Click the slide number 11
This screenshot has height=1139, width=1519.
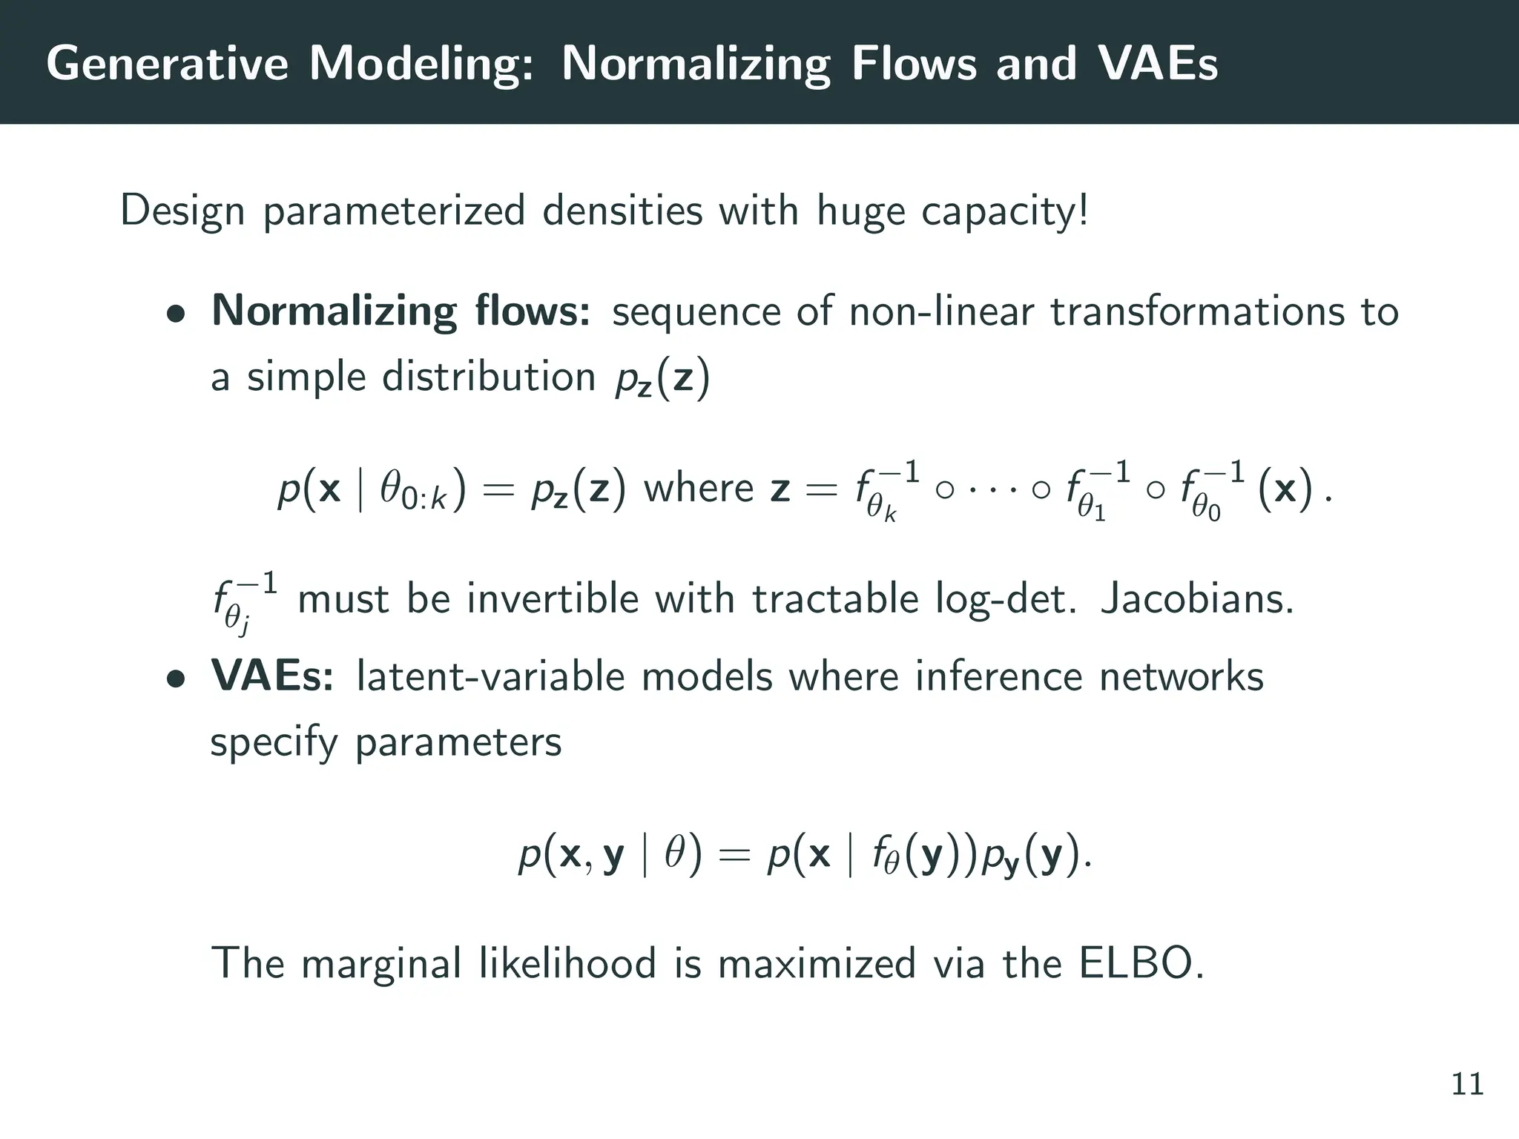(1467, 1084)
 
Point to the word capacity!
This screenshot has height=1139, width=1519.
(1005, 211)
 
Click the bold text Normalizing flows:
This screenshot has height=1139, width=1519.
(401, 311)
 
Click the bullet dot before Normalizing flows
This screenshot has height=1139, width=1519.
(175, 314)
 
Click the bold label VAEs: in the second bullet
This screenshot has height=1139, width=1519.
(272, 676)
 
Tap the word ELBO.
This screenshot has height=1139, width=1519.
(1141, 963)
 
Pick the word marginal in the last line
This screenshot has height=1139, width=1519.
(382, 965)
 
